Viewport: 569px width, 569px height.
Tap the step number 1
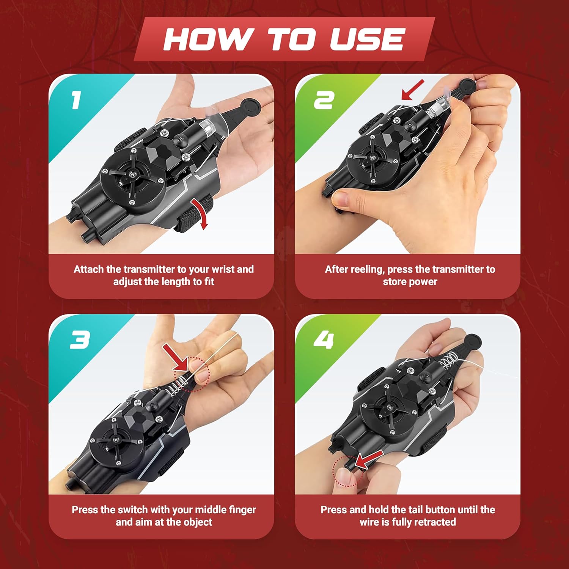[76, 101]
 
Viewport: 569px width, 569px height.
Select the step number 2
[324, 101]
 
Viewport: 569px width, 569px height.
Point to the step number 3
[80, 340]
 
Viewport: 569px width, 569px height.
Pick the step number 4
[324, 340]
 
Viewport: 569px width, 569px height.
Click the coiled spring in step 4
[448, 362]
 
